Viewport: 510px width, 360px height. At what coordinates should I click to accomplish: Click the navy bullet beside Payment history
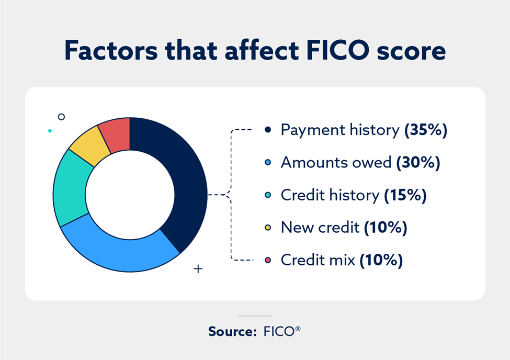[x=268, y=130]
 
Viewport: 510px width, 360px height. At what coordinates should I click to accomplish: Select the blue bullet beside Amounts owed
[x=268, y=163]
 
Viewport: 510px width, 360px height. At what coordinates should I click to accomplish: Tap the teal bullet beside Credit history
[x=268, y=195]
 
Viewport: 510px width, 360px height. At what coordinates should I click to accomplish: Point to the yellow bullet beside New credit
[x=268, y=228]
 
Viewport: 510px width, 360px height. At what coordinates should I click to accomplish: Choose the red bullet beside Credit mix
[x=268, y=260]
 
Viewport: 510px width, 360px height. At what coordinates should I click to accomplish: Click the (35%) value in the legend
[x=426, y=130]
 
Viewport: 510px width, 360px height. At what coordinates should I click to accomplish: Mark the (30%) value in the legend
[x=418, y=163]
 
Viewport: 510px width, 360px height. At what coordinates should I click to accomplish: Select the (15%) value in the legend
[x=405, y=195]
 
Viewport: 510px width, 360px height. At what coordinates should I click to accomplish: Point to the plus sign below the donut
[x=198, y=269]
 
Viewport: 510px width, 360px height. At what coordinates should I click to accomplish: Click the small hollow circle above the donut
[x=61, y=117]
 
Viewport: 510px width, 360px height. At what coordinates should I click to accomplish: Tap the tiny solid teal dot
[x=50, y=130]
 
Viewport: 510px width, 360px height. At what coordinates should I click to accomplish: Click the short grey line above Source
[x=255, y=316]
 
